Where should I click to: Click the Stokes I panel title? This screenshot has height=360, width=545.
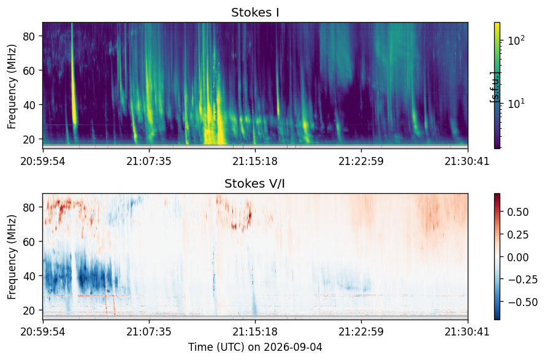pos(255,12)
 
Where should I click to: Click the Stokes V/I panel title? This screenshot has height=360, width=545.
pos(255,183)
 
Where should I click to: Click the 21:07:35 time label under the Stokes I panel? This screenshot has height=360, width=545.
pos(149,161)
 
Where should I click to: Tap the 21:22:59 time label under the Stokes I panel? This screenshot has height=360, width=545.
pos(361,161)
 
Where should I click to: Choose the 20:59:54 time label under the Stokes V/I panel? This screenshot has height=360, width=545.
pos(43,332)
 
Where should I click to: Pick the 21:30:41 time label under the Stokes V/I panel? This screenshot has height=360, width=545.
pos(467,332)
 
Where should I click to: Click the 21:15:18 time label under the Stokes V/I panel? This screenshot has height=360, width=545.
pos(255,332)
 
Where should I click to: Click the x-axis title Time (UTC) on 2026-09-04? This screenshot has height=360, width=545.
pos(255,347)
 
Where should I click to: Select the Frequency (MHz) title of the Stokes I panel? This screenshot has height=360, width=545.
pos(12,86)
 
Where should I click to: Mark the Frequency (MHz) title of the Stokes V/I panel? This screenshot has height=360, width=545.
pos(12,257)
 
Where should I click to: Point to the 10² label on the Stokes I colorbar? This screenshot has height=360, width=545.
pos(516,40)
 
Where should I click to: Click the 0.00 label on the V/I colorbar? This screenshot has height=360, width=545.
pos(518,258)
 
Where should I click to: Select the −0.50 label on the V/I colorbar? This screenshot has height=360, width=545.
pos(523,302)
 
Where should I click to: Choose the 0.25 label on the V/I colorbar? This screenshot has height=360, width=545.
pos(518,235)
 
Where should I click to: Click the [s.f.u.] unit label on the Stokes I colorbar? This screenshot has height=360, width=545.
pos(494,87)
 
